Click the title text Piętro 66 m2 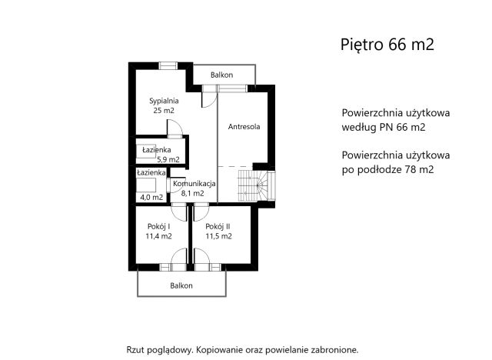(387, 44)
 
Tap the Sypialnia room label (164, 100)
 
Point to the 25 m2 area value (164, 111)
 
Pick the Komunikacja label (193, 183)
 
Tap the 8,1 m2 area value (192, 193)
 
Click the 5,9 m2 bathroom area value (168, 159)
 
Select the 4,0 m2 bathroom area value (151, 197)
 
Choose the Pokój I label (158, 226)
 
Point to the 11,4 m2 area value (158, 236)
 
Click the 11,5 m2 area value (218, 236)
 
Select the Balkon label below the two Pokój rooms (181, 285)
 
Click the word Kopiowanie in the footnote (221, 348)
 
